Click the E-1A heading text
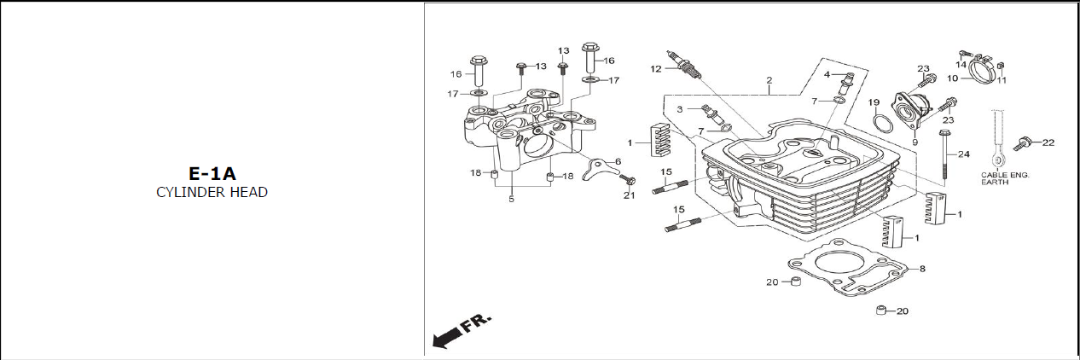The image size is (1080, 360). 212,173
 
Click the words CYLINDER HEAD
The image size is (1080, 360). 212,192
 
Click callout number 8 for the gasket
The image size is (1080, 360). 922,269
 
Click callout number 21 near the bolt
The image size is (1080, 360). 629,195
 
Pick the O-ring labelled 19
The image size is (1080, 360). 883,124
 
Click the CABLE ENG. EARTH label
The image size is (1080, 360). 1005,178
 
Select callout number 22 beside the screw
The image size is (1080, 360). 1048,142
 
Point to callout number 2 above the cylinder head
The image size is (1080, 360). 769,80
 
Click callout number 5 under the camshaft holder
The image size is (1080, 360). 511,199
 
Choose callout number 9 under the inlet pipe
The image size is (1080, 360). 915,142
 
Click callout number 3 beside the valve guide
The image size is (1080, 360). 680,109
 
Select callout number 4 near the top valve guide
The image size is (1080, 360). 827,75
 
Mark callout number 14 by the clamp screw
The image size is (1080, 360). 961,65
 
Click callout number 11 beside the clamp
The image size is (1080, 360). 1002,80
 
